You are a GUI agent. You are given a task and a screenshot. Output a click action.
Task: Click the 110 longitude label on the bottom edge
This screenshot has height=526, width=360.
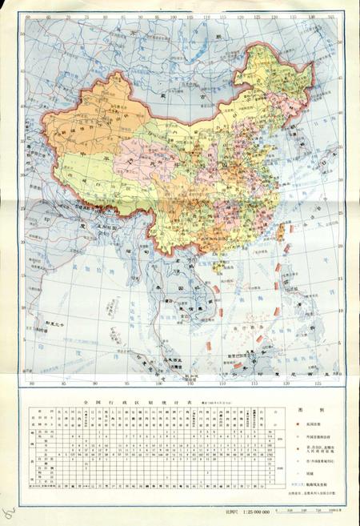[x=203, y=382]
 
